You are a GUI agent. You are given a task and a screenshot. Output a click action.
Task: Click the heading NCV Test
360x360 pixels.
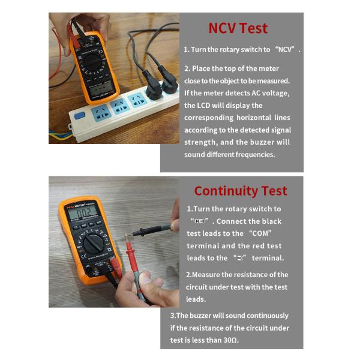click(x=238, y=28)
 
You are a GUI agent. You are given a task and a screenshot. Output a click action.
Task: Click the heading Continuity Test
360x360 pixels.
click(x=241, y=191)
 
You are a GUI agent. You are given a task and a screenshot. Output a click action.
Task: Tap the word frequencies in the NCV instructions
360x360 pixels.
click(x=249, y=154)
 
